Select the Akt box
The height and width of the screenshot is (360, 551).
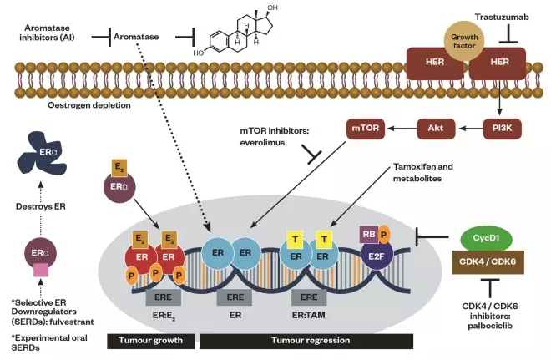pyautogui.click(x=435, y=129)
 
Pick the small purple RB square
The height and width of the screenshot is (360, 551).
pyautogui.click(x=368, y=236)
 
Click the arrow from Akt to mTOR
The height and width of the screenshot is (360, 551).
pyautogui.click(x=402, y=129)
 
